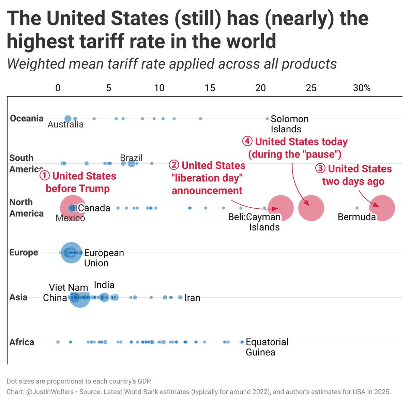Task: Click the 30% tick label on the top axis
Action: click(362, 88)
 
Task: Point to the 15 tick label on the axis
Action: click(210, 88)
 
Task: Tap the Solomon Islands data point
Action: click(267, 119)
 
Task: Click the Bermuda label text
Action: click(357, 217)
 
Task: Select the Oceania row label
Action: click(27, 118)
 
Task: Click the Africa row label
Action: click(22, 342)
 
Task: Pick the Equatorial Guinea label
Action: click(267, 347)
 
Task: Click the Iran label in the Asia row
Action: click(192, 298)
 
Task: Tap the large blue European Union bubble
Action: click(71, 253)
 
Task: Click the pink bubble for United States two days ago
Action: click(382, 208)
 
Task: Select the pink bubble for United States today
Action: click(311, 208)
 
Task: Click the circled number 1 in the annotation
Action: click(45, 176)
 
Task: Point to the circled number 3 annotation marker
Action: click(320, 169)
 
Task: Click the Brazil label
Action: click(131, 158)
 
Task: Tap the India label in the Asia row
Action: click(104, 285)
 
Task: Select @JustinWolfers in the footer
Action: click(50, 392)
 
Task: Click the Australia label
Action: click(65, 124)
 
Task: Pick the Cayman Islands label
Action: click(264, 222)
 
